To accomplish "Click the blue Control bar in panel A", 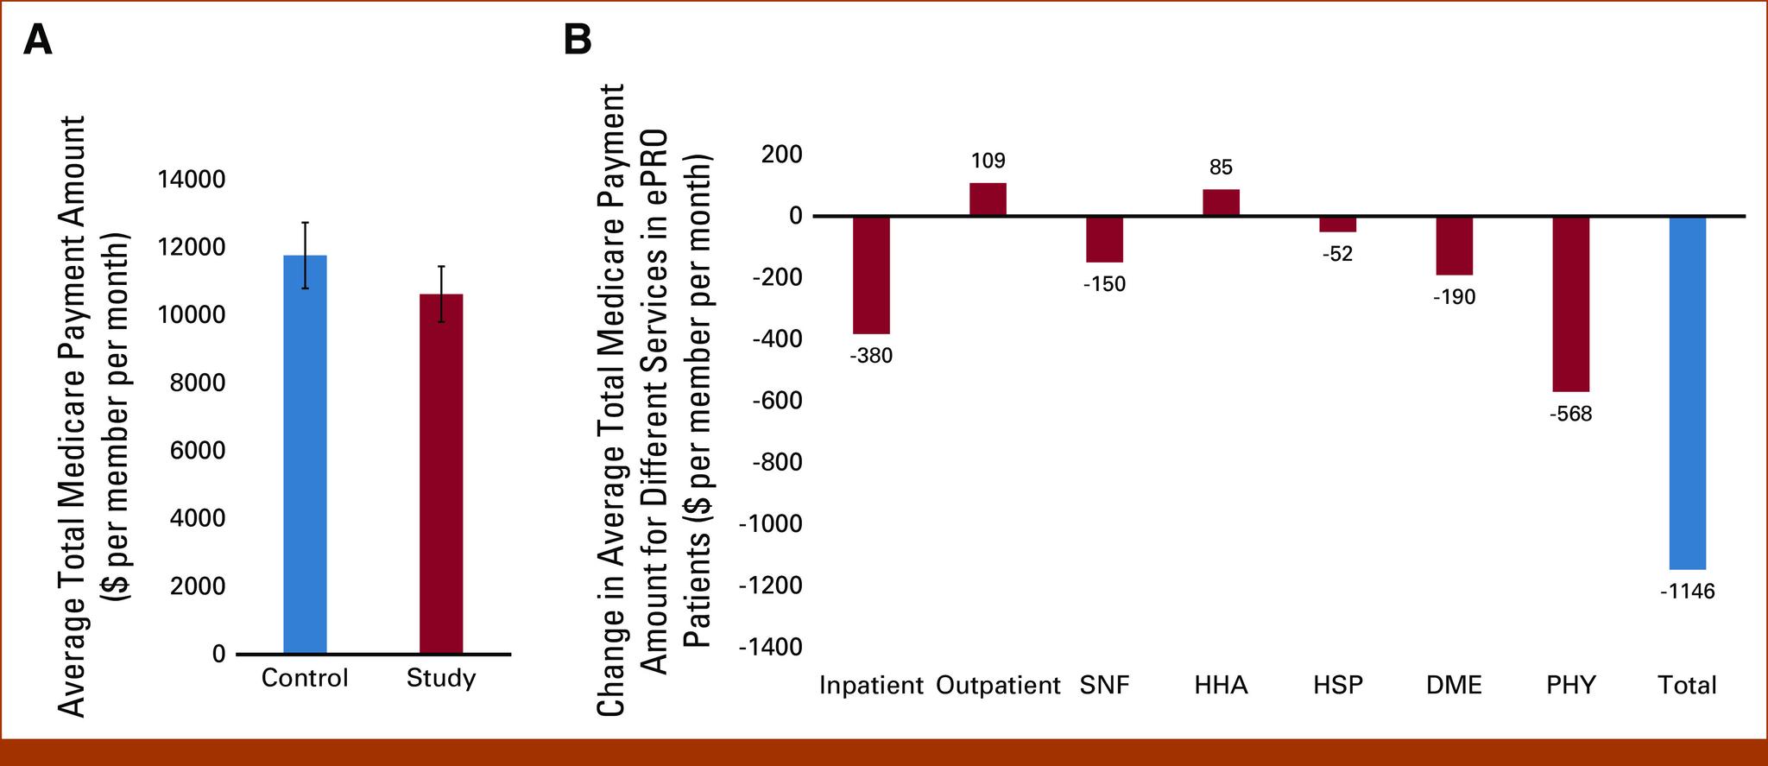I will coord(305,454).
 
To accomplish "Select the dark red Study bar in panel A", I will coord(440,473).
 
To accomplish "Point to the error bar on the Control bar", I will coord(305,254).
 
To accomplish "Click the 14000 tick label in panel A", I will coord(191,180).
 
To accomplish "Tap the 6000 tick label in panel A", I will coord(198,451).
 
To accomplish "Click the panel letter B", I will coord(578,40).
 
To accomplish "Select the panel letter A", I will coord(37,40).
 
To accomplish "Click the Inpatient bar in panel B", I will coord(871,275).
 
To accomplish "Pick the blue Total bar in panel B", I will coord(1687,392).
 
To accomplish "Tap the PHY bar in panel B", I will coord(1570,303).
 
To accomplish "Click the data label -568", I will coord(1570,415).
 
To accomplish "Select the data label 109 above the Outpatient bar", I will coord(988,161).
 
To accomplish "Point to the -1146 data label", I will coord(1687,592).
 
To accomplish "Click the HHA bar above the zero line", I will coord(1221,202).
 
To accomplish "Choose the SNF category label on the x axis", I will coord(1104,686).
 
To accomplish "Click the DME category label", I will coord(1454,686).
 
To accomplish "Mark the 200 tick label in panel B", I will coord(780,155).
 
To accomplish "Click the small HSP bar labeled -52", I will coord(1337,225).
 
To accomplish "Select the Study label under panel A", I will coord(440,678).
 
